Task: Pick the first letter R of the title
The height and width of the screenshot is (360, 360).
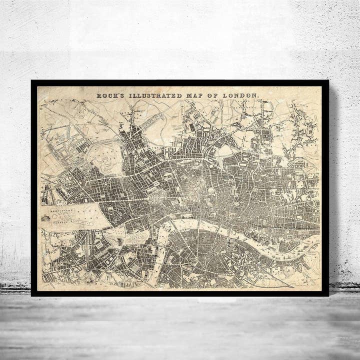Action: pos(98,95)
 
